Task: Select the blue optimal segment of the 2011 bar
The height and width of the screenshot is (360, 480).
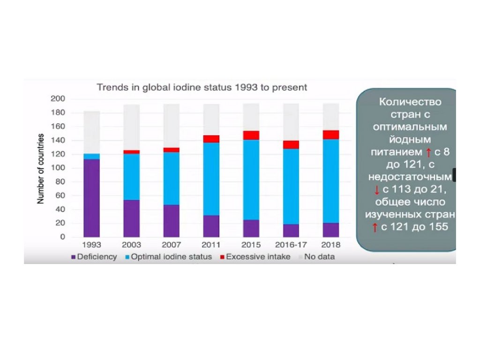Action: [x=211, y=179]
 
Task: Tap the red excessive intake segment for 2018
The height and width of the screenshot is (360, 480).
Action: [x=331, y=135]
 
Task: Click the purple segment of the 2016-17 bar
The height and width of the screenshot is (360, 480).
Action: [x=291, y=230]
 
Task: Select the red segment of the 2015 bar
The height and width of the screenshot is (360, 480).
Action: [x=251, y=135]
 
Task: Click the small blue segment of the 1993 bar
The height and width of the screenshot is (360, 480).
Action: [x=91, y=156]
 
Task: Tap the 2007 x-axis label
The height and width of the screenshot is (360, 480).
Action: [x=171, y=245]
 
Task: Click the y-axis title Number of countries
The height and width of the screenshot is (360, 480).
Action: [x=41, y=168]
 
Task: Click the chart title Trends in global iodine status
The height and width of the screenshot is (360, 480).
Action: [x=202, y=87]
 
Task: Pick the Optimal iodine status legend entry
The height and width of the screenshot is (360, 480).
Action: [x=169, y=257]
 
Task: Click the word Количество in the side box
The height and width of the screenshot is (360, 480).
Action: [x=410, y=102]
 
